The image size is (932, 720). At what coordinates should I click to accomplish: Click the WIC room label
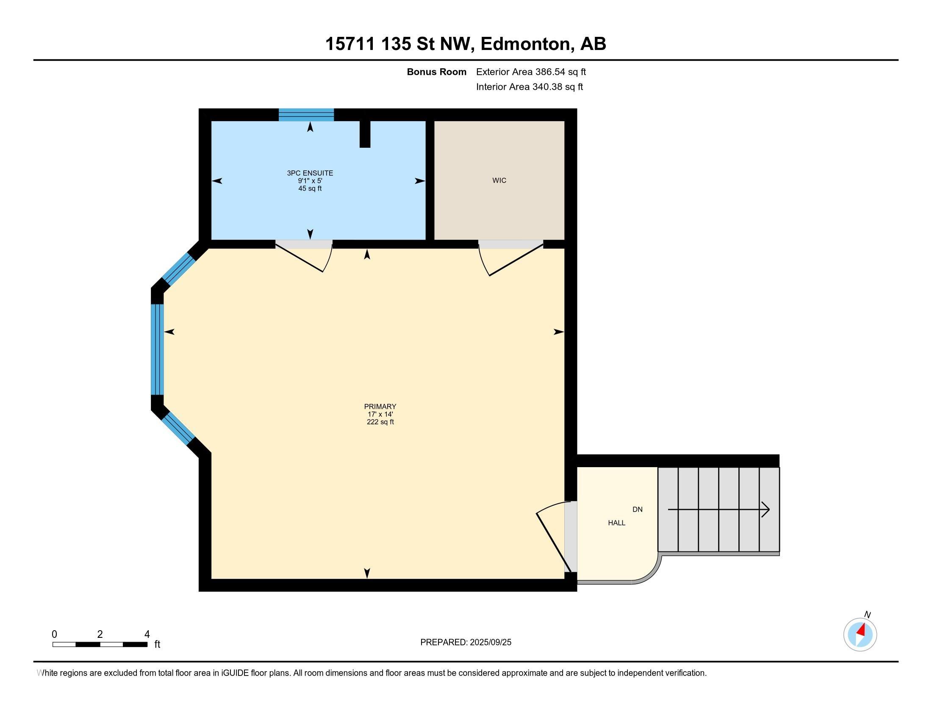(499, 180)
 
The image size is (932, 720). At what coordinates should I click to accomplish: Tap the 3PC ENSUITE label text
(310, 173)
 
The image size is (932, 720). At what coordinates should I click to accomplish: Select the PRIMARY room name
(380, 407)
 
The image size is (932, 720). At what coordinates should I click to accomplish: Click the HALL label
(617, 523)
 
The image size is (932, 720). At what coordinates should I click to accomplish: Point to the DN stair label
(637, 509)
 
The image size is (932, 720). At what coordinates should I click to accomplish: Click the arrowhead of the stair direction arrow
(766, 509)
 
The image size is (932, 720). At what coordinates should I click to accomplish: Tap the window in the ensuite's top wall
(306, 115)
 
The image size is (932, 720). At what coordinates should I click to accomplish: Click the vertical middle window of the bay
(158, 349)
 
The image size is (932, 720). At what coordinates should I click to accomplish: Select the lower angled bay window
(178, 429)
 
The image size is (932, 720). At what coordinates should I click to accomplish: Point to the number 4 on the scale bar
(147, 634)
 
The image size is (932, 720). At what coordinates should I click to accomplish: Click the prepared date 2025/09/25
(490, 642)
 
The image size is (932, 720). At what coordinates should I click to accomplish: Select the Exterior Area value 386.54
(550, 72)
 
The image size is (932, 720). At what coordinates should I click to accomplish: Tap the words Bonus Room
(436, 72)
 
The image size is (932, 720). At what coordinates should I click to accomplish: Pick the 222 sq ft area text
(380, 422)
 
